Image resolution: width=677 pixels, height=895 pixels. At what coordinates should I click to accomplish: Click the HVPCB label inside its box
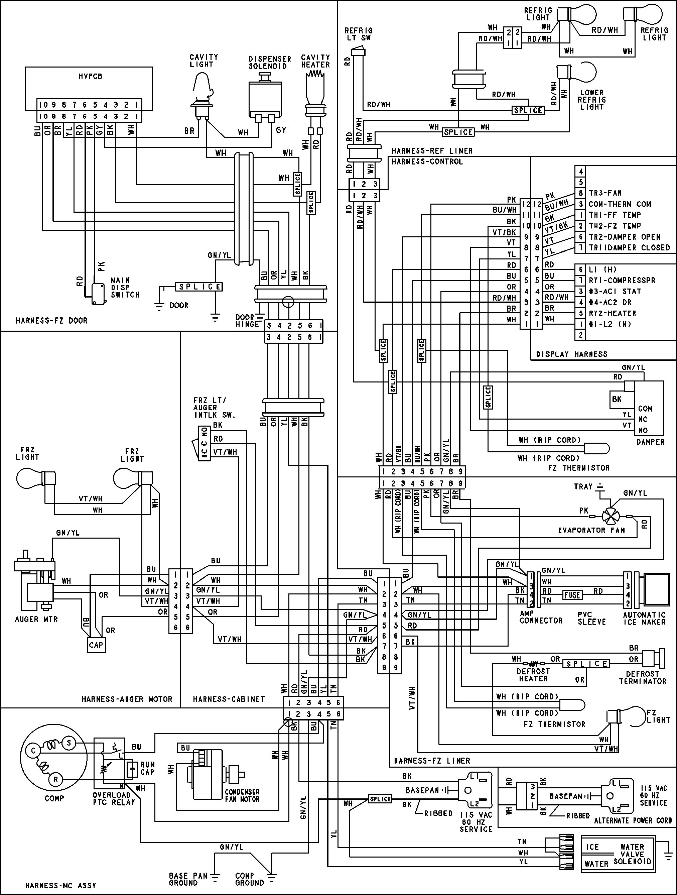coord(90,76)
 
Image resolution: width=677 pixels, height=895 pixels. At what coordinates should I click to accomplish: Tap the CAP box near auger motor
coord(96,645)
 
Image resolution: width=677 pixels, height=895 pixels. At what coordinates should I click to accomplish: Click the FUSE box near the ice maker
coord(572,595)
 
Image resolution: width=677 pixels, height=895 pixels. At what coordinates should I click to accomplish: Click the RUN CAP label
coord(148,768)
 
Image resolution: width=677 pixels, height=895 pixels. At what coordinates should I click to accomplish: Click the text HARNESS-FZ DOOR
coord(51,320)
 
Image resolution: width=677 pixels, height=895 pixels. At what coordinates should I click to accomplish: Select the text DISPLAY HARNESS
coord(571,354)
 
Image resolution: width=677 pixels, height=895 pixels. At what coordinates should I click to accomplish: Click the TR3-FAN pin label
coord(605,193)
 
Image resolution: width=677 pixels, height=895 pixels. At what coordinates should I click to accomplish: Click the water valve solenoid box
coord(618,853)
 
